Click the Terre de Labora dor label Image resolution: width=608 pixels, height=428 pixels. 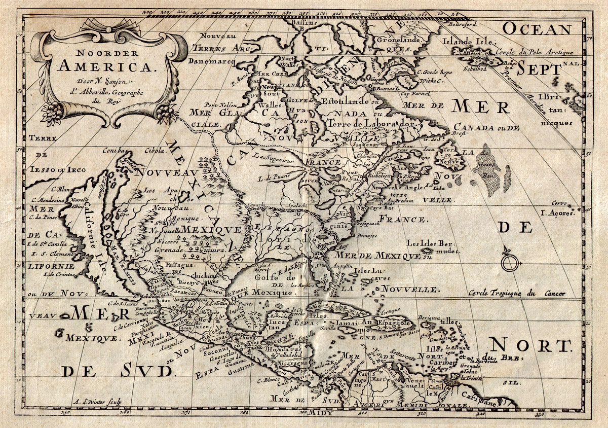click(371, 123)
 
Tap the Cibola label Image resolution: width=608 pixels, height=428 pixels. click(155, 150)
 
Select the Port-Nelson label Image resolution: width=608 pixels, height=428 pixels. click(215, 105)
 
